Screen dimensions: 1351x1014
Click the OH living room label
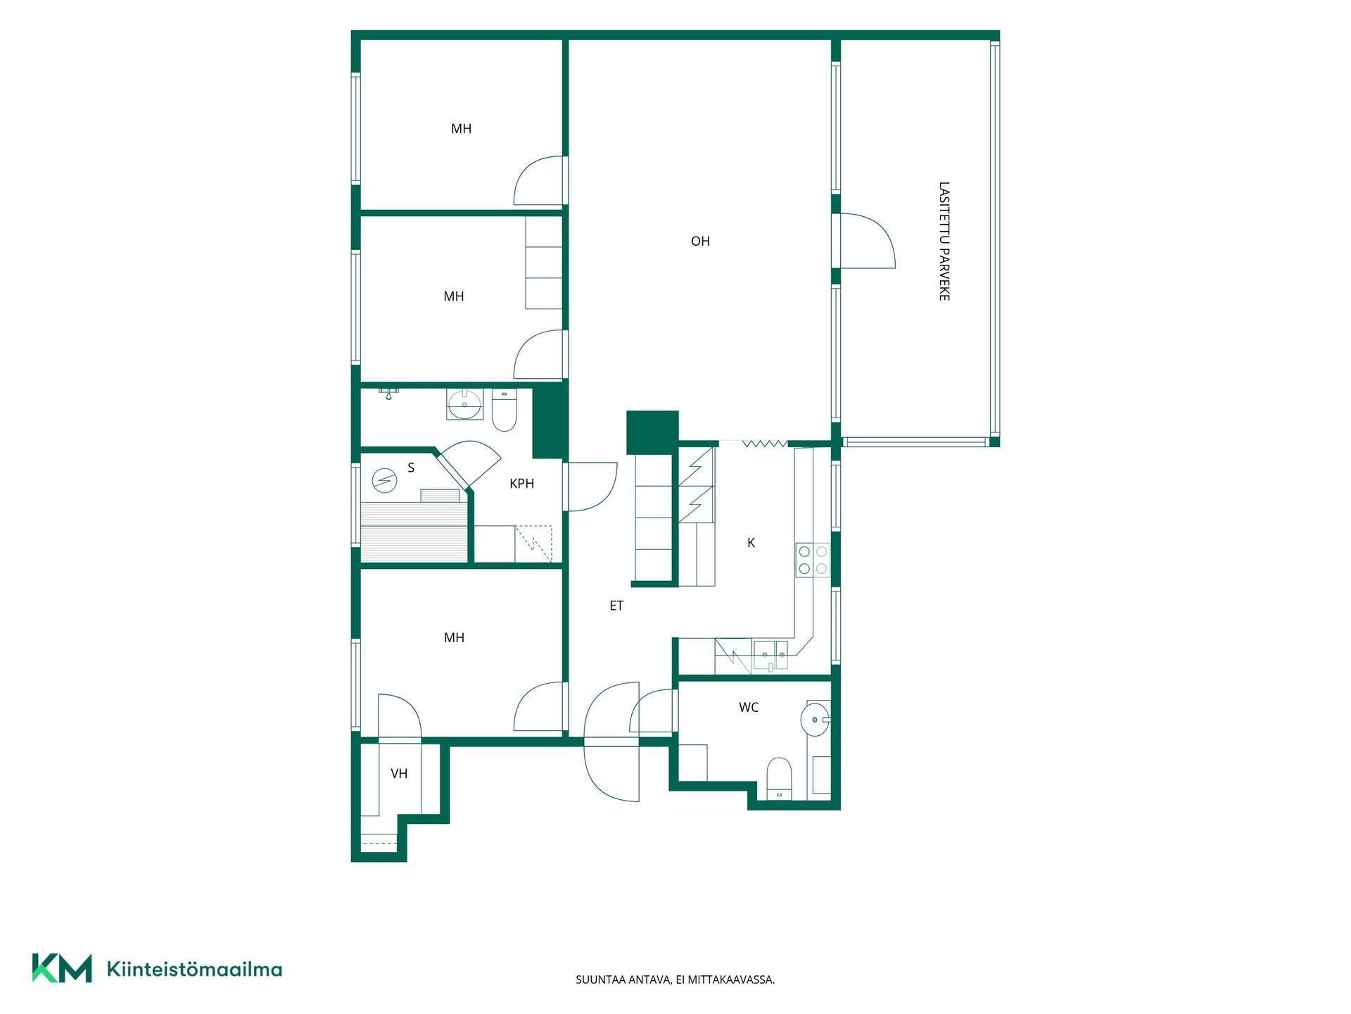point(700,242)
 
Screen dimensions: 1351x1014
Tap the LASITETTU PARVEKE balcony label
point(944,242)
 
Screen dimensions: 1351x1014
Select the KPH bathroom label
point(522,484)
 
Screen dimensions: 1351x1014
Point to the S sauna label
point(411,468)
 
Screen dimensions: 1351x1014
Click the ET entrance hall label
point(616,606)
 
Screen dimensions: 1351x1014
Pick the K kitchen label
point(751,543)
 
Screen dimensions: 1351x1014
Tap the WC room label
point(749,708)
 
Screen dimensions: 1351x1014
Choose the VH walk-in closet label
point(399,774)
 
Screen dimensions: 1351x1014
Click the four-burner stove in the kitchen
point(813,561)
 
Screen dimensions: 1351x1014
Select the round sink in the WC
point(816,720)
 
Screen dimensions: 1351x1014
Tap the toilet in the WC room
point(779,780)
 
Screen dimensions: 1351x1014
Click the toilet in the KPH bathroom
point(504,411)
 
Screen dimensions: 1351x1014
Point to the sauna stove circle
point(384,481)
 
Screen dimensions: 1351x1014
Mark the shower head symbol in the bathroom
point(388,393)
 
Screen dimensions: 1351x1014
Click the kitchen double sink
point(771,656)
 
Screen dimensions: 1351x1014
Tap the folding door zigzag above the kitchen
point(764,444)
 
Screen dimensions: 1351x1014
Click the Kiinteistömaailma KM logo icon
point(62,968)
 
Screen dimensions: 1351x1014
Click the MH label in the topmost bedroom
point(461,129)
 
